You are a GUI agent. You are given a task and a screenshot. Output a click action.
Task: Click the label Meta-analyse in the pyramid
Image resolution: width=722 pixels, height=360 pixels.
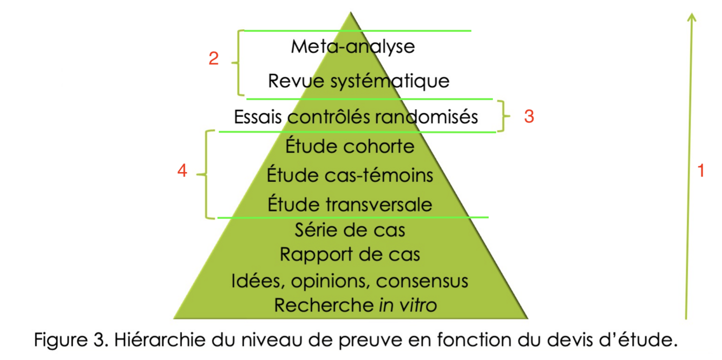[x=353, y=47]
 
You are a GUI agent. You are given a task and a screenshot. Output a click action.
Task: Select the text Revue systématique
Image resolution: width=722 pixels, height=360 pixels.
[x=358, y=81]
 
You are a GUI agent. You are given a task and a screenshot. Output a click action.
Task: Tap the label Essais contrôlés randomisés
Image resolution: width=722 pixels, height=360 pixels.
[x=356, y=116]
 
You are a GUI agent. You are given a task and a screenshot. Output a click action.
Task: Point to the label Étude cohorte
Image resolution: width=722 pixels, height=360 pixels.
[x=350, y=146]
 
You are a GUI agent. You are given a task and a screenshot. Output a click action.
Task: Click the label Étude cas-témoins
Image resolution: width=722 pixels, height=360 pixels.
[x=350, y=175]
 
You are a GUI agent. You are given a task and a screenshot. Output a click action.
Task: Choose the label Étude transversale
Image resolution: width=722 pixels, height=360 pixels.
[x=350, y=205]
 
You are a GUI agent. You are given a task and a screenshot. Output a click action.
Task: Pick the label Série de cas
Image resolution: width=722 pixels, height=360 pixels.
[x=350, y=230]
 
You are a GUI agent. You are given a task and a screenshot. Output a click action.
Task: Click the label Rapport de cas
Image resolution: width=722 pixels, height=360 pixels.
[x=350, y=254]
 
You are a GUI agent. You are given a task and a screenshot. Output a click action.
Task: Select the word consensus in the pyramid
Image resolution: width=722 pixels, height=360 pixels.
[x=422, y=282]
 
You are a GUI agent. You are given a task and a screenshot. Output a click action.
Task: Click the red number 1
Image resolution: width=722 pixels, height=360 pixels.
[x=701, y=171]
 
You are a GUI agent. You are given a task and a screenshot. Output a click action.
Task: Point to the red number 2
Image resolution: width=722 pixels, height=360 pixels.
[x=214, y=58]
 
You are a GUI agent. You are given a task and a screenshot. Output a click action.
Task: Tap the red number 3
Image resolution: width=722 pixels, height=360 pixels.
[x=529, y=116]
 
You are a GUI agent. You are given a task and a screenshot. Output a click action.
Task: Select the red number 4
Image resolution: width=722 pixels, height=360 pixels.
[x=182, y=171]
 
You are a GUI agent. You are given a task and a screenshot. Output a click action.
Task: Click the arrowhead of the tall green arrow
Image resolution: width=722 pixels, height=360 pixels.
[x=691, y=17]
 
